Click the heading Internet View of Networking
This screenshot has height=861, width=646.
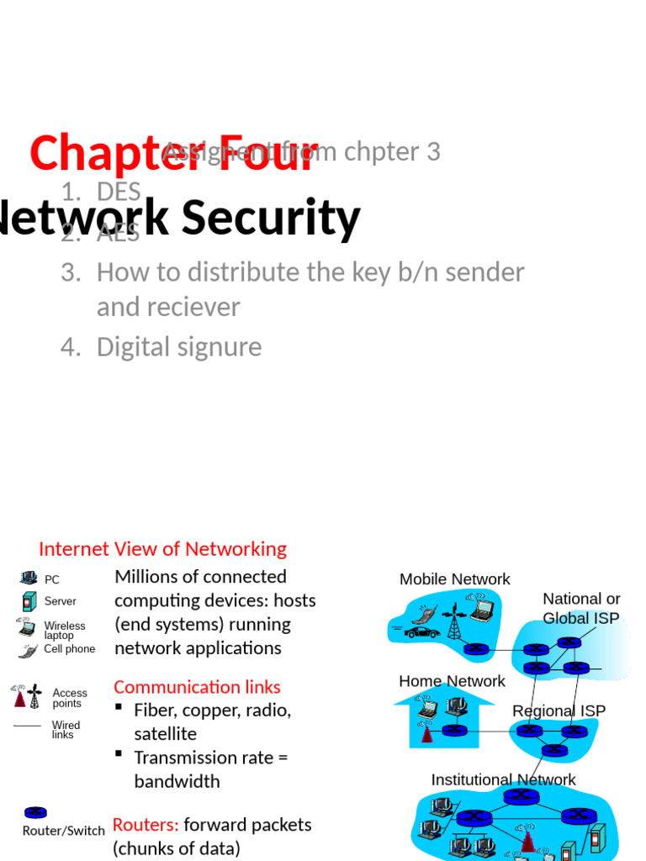pyautogui.click(x=162, y=549)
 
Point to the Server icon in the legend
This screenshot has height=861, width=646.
pyautogui.click(x=29, y=601)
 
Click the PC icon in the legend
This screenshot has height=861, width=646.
pyautogui.click(x=29, y=578)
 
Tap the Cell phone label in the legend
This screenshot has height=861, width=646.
pyautogui.click(x=69, y=649)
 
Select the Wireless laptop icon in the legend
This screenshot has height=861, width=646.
pyautogui.click(x=27, y=627)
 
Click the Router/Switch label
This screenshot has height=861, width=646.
pyautogui.click(x=64, y=831)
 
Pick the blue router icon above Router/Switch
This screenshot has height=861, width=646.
pyautogui.click(x=35, y=812)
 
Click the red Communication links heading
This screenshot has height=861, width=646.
pyautogui.click(x=197, y=687)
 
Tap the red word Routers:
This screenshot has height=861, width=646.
pyautogui.click(x=146, y=825)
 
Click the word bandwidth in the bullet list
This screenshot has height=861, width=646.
pyautogui.click(x=177, y=781)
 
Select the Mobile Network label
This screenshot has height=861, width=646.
pyautogui.click(x=454, y=579)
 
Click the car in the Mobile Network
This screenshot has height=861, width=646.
pyautogui.click(x=421, y=631)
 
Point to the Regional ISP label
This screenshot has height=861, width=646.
pyautogui.click(x=559, y=710)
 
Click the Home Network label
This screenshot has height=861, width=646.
pyautogui.click(x=452, y=681)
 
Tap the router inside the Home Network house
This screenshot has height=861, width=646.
pyautogui.click(x=453, y=730)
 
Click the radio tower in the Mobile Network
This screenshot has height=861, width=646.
pyautogui.click(x=453, y=622)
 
